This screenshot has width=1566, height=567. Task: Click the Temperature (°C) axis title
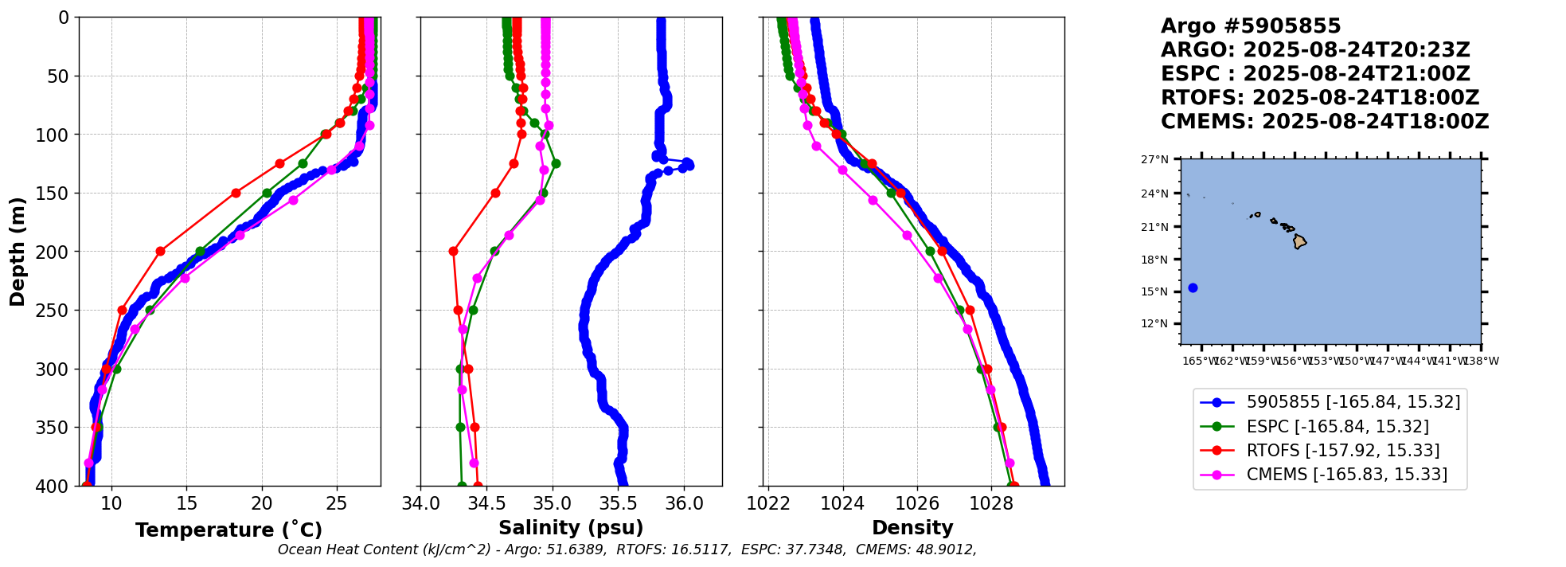tap(228, 530)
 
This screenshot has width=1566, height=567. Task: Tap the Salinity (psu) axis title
tap(571, 528)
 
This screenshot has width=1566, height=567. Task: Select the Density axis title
tap(912, 528)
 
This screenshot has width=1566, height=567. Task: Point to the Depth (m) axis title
tap(18, 251)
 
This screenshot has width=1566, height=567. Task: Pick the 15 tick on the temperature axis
tap(186, 503)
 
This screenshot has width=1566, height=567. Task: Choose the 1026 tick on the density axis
tap(916, 503)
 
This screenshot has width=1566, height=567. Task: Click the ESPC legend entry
tap(1338, 427)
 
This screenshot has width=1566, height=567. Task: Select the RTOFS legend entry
tap(1342, 451)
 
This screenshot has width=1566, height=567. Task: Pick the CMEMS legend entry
tap(1346, 475)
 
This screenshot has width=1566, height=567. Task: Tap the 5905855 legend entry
tap(1353, 402)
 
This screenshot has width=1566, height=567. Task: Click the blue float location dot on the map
tap(1193, 288)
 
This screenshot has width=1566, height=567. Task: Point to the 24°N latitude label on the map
tap(1155, 194)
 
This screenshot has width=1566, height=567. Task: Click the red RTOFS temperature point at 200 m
tap(160, 252)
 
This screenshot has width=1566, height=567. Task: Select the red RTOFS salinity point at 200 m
tap(453, 252)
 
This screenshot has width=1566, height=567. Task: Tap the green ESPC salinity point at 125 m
tap(556, 163)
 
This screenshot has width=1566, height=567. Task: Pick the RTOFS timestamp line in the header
tap(1319, 98)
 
